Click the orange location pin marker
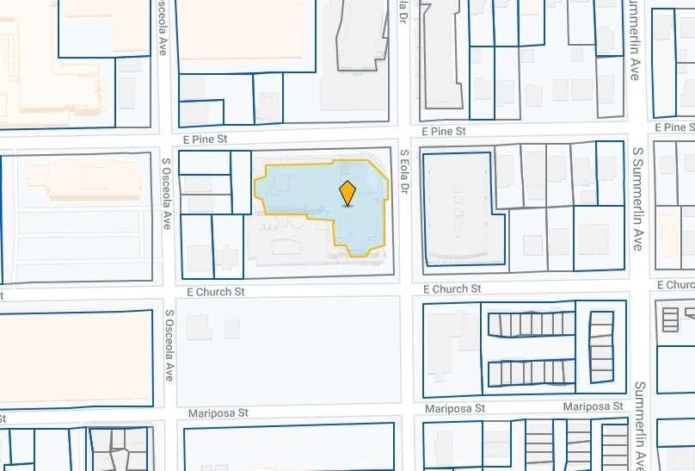click(347, 193)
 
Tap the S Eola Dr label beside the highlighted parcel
click(404, 171)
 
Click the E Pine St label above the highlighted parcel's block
click(210, 137)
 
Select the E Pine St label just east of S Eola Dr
click(444, 131)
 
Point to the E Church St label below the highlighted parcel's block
click(215, 292)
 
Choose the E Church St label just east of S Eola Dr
click(452, 289)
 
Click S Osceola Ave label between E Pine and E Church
click(167, 193)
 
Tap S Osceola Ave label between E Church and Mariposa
click(168, 345)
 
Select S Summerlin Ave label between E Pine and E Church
click(637, 199)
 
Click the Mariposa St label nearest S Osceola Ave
click(218, 413)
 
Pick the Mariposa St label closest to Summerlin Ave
click(594, 406)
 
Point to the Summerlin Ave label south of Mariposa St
click(640, 426)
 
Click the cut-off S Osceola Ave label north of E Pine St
click(162, 28)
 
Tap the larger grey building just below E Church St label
click(199, 326)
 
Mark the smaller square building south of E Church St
click(232, 328)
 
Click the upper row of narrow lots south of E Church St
click(531, 324)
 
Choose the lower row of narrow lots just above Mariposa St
click(531, 372)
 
